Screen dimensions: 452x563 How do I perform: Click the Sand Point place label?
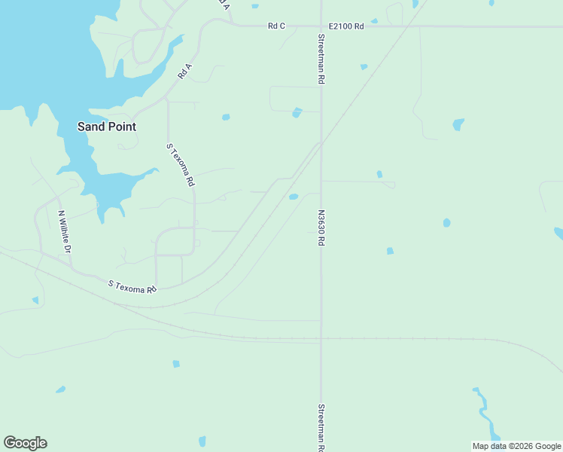(107, 127)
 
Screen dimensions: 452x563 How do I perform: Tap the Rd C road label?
(276, 26)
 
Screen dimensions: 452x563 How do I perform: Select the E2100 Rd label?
(347, 26)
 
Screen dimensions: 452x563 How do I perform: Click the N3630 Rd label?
(321, 228)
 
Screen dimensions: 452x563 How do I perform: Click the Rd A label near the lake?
(185, 72)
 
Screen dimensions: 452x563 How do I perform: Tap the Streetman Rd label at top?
(321, 58)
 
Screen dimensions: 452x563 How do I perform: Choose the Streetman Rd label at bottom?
(321, 428)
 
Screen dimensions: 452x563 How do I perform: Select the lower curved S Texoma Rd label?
(132, 287)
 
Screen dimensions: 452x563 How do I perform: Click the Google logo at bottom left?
(25, 443)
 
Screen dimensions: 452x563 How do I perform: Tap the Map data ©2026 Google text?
(516, 446)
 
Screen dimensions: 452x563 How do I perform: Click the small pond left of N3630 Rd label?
(294, 197)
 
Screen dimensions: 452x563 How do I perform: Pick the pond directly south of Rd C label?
(297, 113)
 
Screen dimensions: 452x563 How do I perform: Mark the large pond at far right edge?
(558, 234)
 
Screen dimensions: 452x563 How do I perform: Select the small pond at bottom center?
(202, 441)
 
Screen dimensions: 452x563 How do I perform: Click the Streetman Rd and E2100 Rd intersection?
(321, 26)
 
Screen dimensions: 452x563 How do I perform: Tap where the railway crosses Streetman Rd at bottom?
(321, 339)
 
